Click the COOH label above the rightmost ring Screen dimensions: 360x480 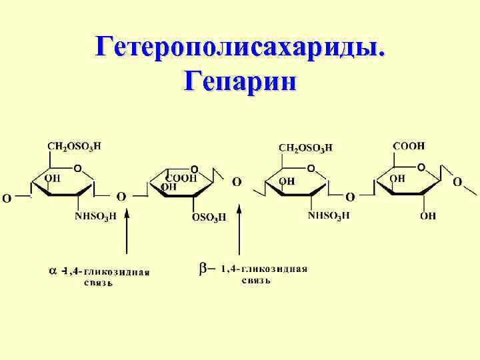[x=409, y=145]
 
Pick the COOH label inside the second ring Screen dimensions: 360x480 [x=181, y=178]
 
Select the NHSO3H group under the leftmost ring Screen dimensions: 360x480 [x=95, y=215]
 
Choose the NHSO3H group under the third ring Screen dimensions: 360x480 [x=329, y=215]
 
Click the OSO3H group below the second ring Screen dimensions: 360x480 [x=209, y=217]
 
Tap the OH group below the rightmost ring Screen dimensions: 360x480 [x=428, y=215]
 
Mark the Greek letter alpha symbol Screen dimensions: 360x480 [x=53, y=271]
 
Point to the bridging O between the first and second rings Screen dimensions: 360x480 [x=121, y=196]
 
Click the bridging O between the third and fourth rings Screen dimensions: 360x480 [x=350, y=197]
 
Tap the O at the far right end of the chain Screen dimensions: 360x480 [x=457, y=181]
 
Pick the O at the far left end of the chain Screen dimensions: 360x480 [x=6, y=197]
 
